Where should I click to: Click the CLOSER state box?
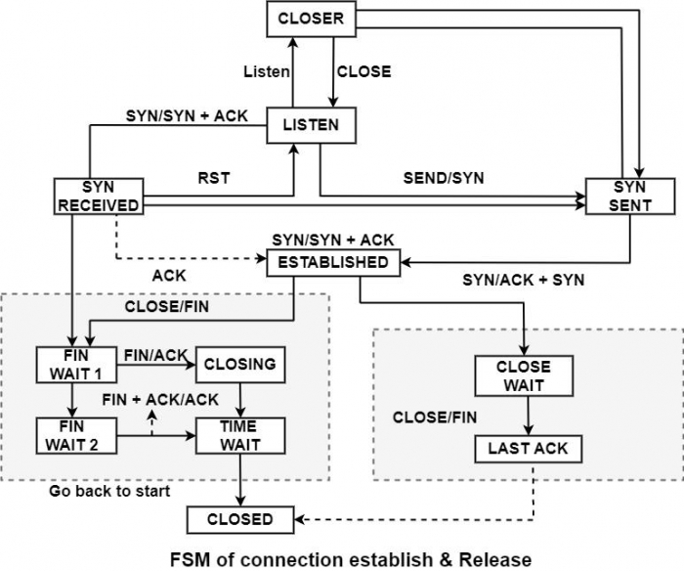310,19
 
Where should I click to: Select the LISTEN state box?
310,125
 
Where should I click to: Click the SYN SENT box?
630,196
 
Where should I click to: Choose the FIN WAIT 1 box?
76,364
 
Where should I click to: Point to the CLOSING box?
240,364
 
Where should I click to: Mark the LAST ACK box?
528,449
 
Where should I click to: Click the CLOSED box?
239,519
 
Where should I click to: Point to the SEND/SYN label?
443,178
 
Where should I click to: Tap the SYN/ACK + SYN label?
524,280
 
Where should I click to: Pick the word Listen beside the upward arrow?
267,71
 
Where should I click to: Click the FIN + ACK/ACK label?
160,399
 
